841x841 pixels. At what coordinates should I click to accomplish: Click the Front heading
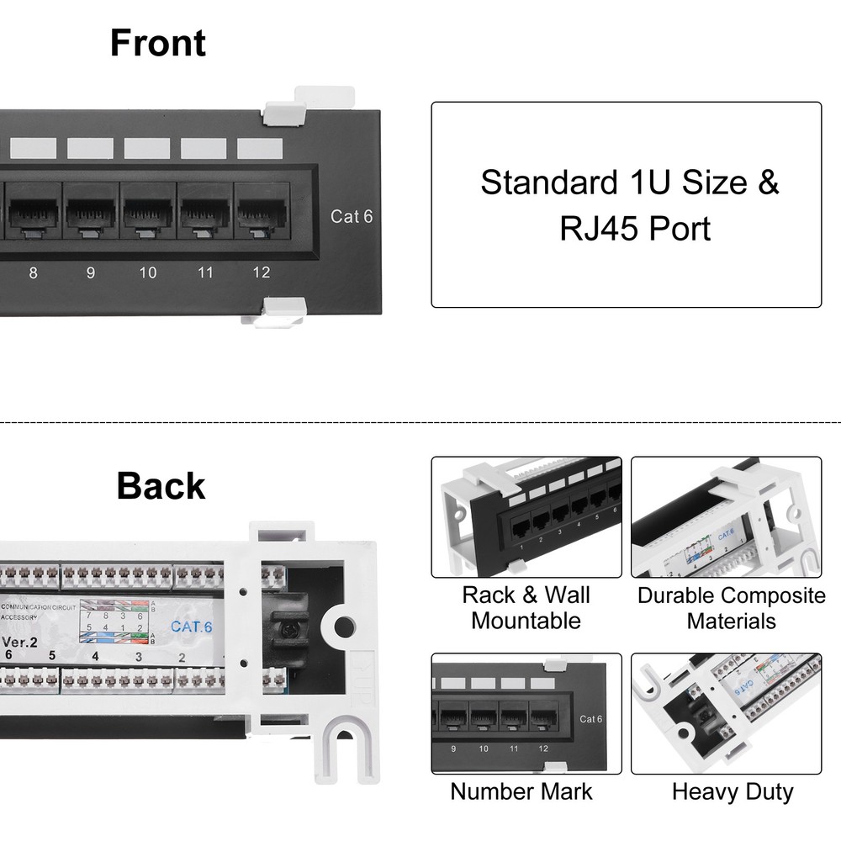[157, 43]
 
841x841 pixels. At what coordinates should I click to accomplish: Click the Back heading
[160, 486]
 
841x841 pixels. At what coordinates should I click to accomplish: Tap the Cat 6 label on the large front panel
[351, 217]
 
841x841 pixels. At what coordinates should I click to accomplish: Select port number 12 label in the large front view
[261, 272]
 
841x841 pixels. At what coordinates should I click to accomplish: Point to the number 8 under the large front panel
[33, 272]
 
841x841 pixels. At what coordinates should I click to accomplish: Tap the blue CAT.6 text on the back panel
[191, 626]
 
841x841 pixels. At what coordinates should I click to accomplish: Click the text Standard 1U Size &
[629, 182]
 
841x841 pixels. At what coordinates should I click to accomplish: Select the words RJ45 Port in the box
[635, 229]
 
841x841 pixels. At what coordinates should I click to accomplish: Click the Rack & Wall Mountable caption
[526, 608]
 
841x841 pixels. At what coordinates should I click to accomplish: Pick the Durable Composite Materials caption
[731, 608]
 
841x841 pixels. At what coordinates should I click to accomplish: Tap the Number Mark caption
[521, 791]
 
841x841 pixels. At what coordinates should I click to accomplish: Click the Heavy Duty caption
[733, 791]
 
